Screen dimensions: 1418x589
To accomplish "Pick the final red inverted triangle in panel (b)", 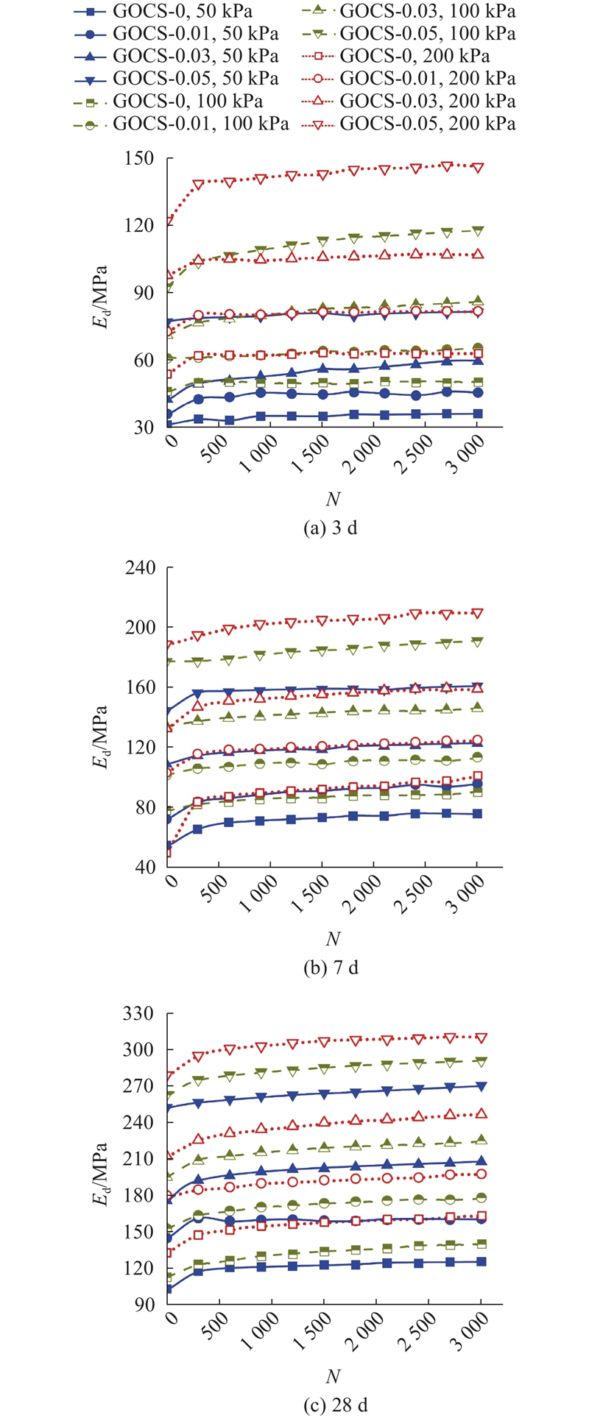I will coord(477,613).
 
